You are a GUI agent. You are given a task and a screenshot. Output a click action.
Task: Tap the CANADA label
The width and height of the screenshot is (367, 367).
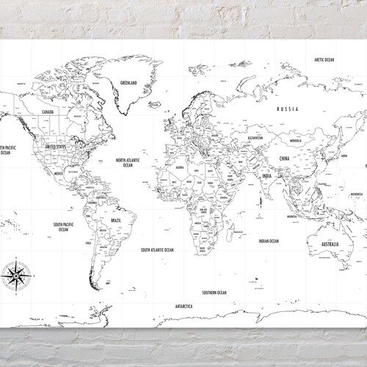coord(48,112)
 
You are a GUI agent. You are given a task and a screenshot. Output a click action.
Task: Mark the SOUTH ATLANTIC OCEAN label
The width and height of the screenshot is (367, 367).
coord(157,250)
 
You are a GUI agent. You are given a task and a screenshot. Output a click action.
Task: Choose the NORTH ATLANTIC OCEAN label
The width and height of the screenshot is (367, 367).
coord(128,161)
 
